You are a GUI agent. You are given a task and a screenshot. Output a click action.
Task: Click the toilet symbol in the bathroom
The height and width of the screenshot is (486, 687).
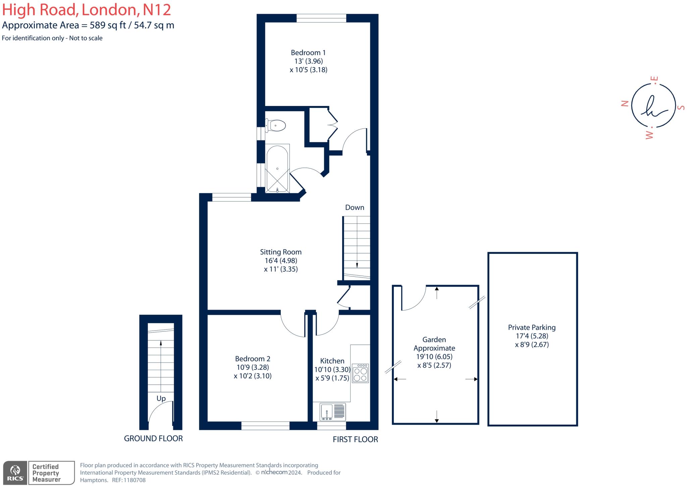tap(276, 126)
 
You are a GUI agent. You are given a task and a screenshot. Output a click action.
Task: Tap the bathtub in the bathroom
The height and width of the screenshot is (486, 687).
tap(277, 169)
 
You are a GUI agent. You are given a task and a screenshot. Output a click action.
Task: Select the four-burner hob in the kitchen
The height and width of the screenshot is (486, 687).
tap(360, 373)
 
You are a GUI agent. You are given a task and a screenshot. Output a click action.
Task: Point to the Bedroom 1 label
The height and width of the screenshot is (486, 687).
tap(308, 53)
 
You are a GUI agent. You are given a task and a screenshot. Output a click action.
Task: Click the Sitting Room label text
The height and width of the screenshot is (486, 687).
tap(281, 252)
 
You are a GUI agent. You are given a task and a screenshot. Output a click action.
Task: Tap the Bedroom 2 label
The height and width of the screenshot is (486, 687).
tap(253, 359)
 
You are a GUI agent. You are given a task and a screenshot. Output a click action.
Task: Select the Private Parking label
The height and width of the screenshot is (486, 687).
tap(532, 327)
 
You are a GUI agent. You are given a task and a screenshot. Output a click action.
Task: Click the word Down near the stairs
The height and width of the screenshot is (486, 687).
tap(355, 207)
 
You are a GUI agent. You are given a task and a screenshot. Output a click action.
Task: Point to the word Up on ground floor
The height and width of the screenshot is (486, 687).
tap(161, 398)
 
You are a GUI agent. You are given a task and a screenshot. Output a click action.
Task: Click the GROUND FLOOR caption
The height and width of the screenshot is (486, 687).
tap(153, 438)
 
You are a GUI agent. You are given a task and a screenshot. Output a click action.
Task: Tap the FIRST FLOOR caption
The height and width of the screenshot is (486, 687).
tap(355, 439)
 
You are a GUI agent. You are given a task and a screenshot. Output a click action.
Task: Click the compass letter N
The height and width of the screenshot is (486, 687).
tap(625, 103)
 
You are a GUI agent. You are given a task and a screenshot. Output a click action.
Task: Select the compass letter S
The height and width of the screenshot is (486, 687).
tap(681, 108)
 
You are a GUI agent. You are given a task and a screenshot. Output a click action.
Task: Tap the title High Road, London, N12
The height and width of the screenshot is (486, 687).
tap(87, 10)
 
